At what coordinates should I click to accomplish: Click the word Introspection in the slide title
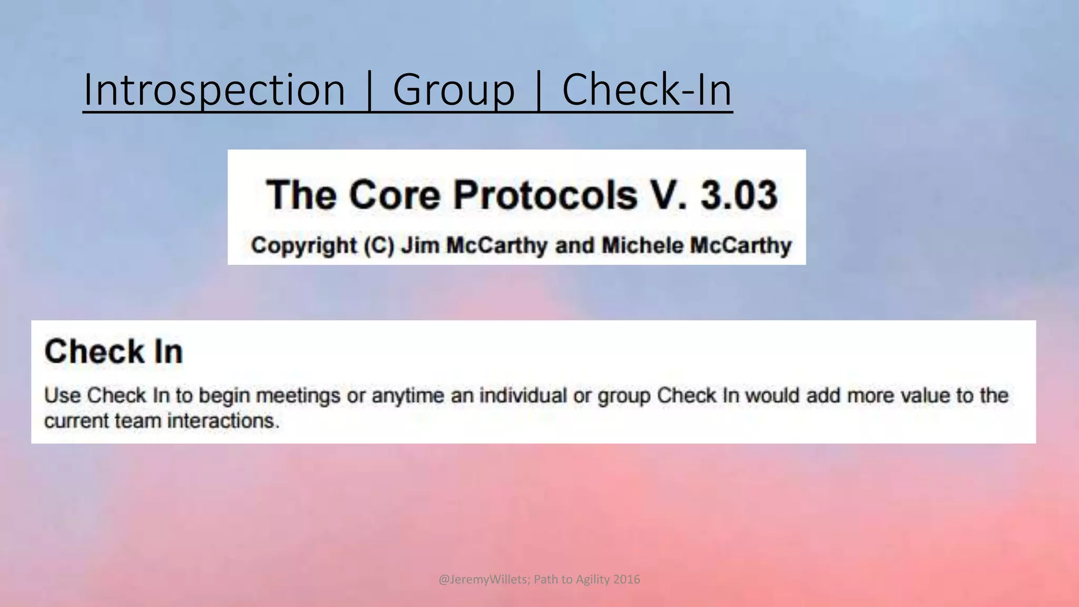(214, 90)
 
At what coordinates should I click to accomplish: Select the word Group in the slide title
(454, 90)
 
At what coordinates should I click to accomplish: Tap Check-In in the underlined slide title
(647, 90)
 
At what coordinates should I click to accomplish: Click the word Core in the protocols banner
(394, 195)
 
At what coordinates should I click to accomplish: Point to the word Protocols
(545, 195)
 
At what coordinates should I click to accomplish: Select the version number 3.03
(739, 195)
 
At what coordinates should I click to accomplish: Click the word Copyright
(304, 246)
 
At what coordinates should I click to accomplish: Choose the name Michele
(642, 246)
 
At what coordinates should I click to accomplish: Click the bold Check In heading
(114, 351)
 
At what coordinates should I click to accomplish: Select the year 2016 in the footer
(627, 579)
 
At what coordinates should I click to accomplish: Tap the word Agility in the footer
(593, 579)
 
